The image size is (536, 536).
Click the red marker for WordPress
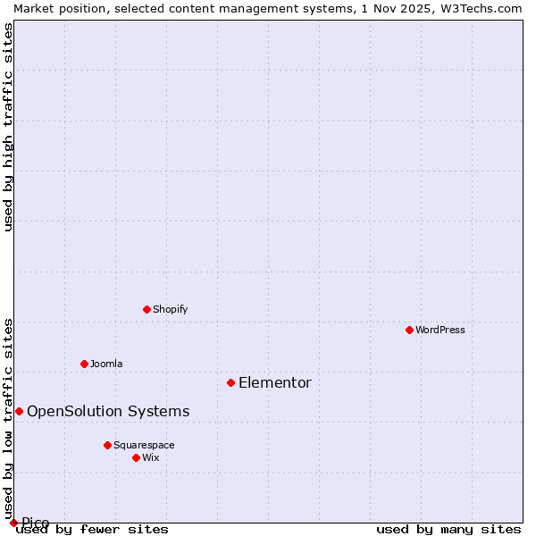pos(409,330)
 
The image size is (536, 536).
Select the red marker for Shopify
pos(147,309)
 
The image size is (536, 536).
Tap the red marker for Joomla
pos(84,364)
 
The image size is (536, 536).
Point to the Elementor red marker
pos(230,382)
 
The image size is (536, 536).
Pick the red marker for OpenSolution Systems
pos(19,411)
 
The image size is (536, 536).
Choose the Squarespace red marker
pos(107,445)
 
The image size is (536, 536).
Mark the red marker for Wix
pos(136,457)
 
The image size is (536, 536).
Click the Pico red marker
pos(13,523)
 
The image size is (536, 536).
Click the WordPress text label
pos(440,330)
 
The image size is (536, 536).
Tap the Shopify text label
pos(170,309)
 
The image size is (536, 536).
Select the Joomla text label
pos(106,364)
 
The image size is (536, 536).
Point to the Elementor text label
pos(275,383)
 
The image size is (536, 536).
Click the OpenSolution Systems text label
pos(108,412)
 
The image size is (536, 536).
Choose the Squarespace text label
pos(144,445)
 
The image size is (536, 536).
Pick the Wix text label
pos(150,457)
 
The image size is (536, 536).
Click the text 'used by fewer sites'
pos(93,530)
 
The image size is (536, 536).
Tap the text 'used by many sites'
pos(448,530)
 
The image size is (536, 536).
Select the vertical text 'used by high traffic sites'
pos(9,126)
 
